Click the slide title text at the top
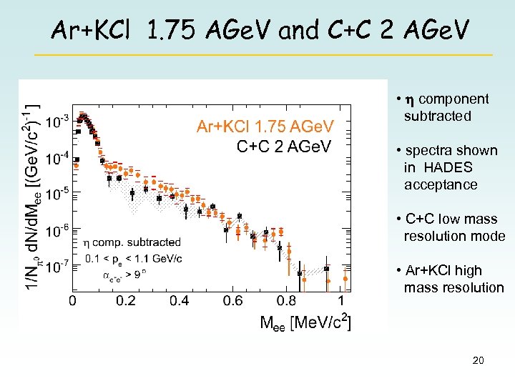click(261, 30)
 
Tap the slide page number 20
click(478, 361)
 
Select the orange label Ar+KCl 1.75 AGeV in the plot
click(265, 127)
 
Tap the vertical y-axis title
click(33, 197)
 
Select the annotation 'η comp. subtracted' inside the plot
click(132, 243)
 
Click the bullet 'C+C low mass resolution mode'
click(451, 227)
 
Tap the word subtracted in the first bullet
click(438, 116)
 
